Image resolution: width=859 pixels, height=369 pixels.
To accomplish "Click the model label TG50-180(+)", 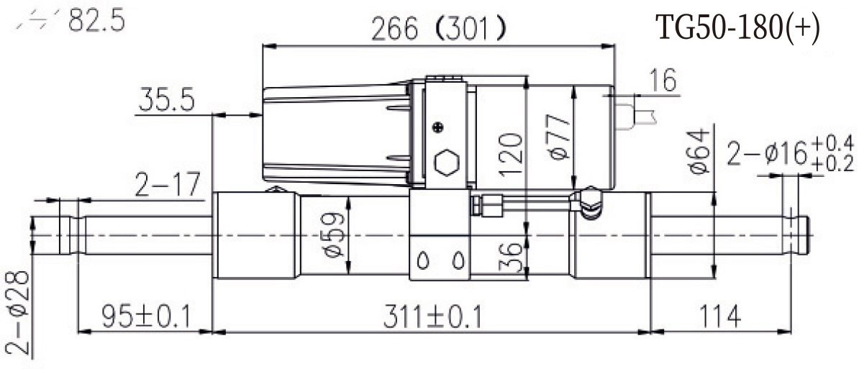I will (737, 29).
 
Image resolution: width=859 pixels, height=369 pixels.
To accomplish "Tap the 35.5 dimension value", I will (166, 101).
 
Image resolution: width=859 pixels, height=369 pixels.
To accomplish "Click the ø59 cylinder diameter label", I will (332, 234).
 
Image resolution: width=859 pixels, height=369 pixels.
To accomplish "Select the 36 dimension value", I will (510, 257).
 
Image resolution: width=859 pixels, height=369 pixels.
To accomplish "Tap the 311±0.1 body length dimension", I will (432, 316).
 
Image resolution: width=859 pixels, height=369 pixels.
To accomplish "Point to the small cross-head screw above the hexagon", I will (437, 128).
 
